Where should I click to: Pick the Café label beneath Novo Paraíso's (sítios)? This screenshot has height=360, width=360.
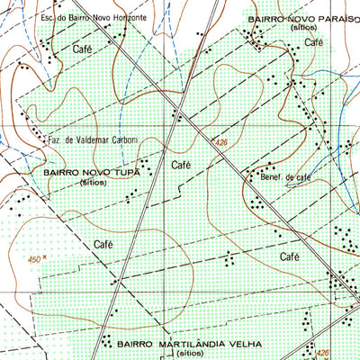pos(313,41)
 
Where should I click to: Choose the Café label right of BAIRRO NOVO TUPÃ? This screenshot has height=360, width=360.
pos(180,165)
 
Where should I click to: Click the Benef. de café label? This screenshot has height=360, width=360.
pos(284,177)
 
